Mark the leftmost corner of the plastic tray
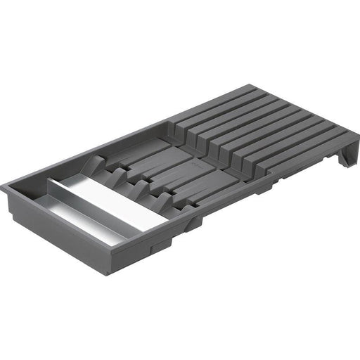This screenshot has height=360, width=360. tap(3, 187)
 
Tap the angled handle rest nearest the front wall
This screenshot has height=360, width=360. tap(163, 202)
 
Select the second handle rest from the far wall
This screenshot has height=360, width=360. tap(116, 176)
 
